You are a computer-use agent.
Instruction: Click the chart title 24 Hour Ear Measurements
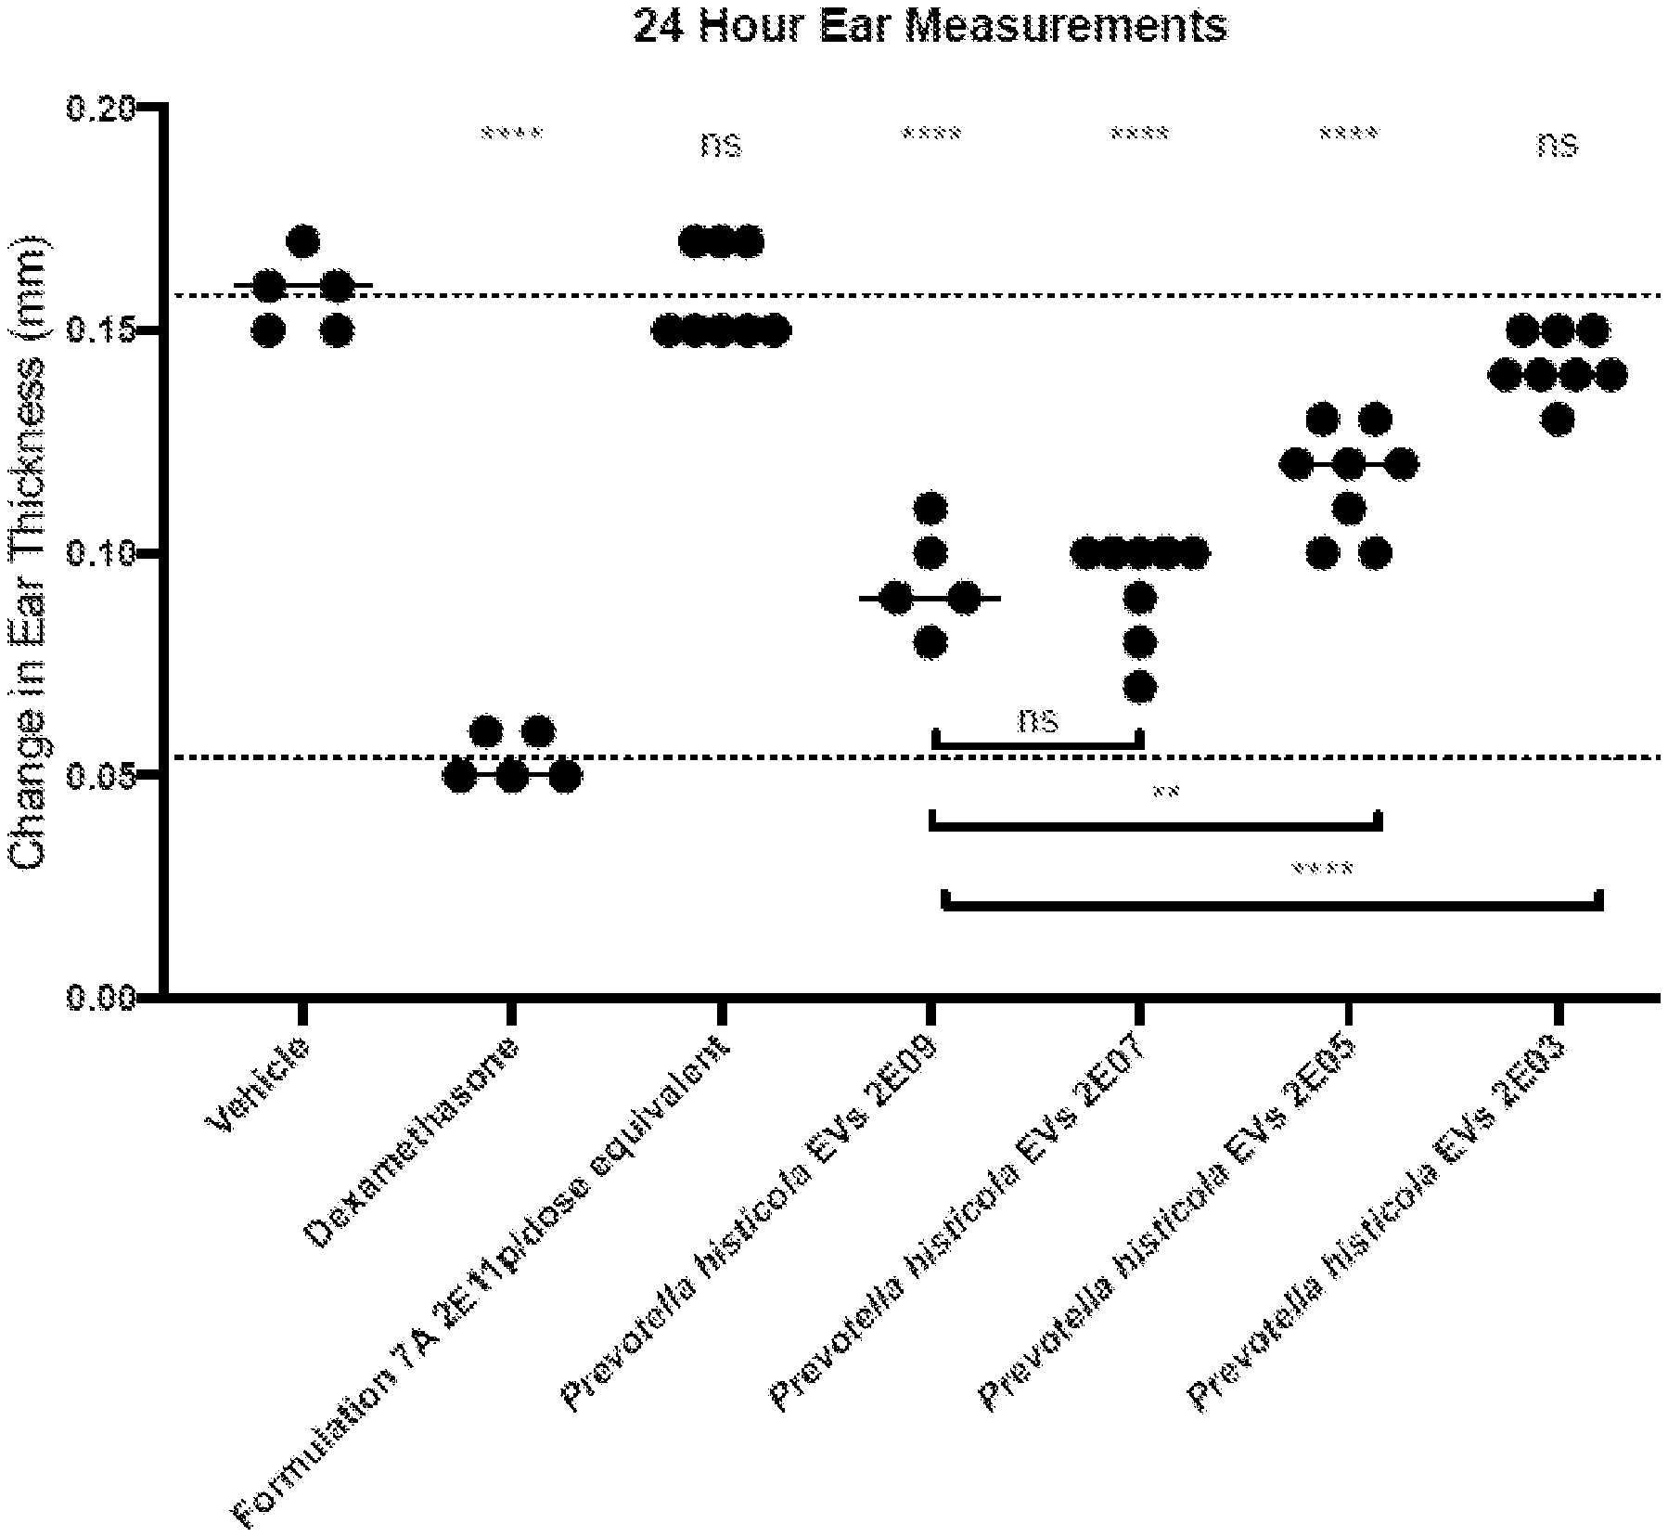coord(930,26)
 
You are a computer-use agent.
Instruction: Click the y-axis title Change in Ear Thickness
coord(30,553)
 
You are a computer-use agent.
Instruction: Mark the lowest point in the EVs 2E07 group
coord(1140,688)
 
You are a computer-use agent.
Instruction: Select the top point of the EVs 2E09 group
coord(930,509)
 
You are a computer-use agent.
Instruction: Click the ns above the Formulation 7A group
coord(722,145)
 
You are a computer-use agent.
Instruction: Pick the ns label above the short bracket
coord(1038,720)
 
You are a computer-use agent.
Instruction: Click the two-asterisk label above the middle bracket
coord(1165,794)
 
